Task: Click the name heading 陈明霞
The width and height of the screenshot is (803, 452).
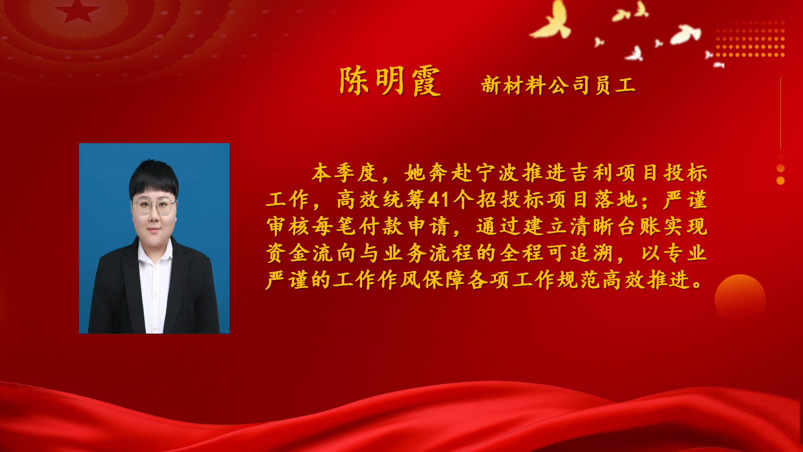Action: (x=390, y=81)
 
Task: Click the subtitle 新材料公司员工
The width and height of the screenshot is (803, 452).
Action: (x=559, y=85)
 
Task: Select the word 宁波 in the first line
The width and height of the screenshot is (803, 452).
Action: (x=498, y=173)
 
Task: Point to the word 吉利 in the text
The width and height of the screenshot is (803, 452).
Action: (x=592, y=173)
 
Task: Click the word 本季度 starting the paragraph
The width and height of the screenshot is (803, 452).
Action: (x=345, y=173)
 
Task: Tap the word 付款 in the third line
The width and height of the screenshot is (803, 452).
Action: (x=381, y=226)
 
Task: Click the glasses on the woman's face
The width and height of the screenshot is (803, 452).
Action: (x=154, y=206)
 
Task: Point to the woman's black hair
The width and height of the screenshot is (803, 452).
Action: (x=154, y=178)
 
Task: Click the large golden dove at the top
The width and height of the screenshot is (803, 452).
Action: (x=551, y=21)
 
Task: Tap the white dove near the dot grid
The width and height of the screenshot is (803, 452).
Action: (x=686, y=34)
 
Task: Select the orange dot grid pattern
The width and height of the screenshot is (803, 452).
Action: (x=750, y=39)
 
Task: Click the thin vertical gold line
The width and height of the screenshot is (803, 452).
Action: (x=780, y=113)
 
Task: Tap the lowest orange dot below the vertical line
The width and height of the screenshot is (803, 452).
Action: (x=780, y=181)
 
